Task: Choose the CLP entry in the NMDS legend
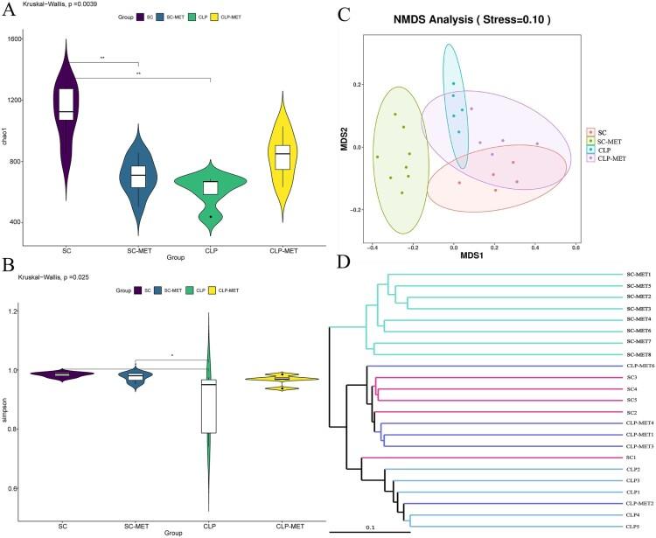[605, 150]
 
